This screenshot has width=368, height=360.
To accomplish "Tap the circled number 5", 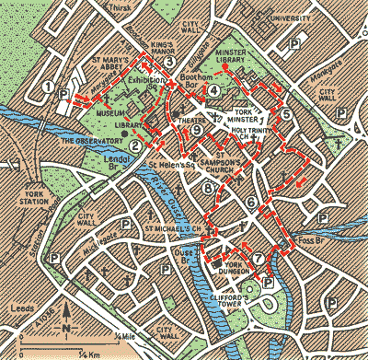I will tap(286, 114).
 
